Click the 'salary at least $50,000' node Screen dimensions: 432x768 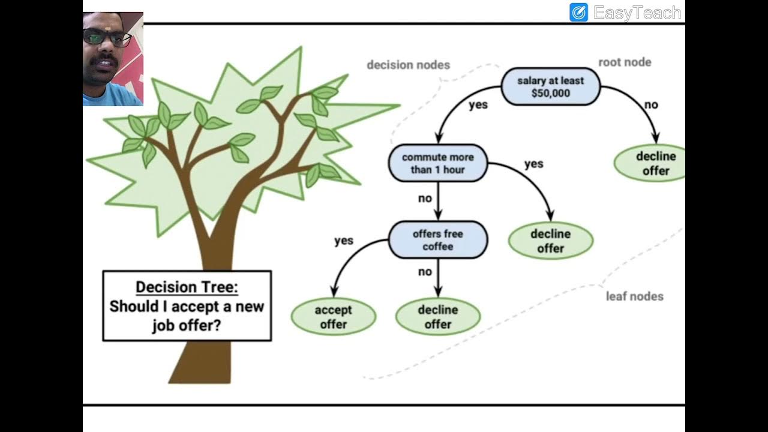tap(550, 87)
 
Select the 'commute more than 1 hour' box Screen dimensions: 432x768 tap(438, 163)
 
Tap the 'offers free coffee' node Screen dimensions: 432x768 tap(438, 240)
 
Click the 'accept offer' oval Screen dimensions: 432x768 tap(333, 317)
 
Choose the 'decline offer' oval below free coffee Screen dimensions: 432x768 tap(438, 317)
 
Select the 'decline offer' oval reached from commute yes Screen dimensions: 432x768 tap(550, 241)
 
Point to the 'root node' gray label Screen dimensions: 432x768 tap(625, 62)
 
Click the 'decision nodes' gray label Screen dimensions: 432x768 tap(408, 65)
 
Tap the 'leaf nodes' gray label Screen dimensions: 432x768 tap(634, 296)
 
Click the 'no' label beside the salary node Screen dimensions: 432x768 tap(651, 105)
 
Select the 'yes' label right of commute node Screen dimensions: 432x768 tap(533, 164)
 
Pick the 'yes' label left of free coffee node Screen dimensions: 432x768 tap(344, 241)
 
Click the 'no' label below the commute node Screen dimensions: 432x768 tap(425, 199)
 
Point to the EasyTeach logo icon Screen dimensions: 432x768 tap(578, 13)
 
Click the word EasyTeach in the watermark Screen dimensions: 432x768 tap(637, 13)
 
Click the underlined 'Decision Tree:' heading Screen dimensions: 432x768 tap(187, 287)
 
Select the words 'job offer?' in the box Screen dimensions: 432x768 tap(187, 326)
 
